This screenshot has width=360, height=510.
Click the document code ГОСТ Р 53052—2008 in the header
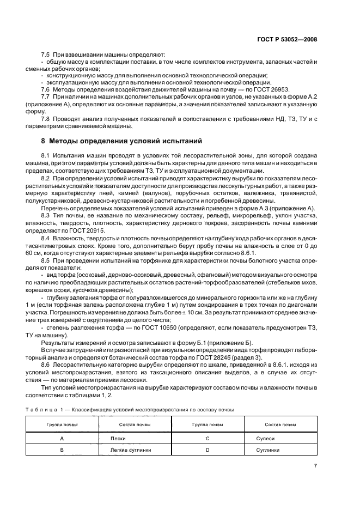(x=288, y=39)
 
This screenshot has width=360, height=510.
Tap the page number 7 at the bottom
(x=315, y=465)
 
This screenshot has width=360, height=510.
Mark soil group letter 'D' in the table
(x=208, y=450)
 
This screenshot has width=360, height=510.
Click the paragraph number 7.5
(x=46, y=54)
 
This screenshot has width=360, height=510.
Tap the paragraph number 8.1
(x=46, y=156)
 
